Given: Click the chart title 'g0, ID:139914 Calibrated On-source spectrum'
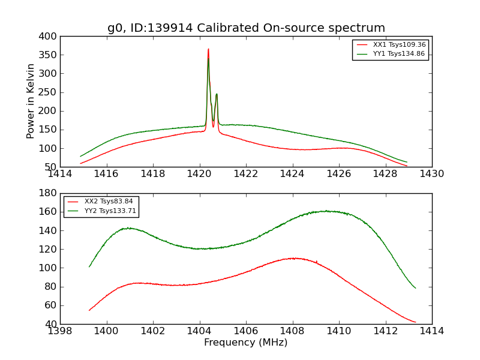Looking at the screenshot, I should [246, 28].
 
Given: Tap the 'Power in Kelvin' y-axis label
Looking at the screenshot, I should [31, 101].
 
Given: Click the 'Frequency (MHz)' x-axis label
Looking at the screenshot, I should [245, 343].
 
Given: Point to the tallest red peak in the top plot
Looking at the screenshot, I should [208, 49].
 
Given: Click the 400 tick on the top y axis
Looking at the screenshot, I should [50, 37].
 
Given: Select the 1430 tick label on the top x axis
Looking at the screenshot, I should [431, 173].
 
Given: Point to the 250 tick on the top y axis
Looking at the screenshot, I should [50, 92].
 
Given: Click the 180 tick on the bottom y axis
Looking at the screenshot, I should [50, 193].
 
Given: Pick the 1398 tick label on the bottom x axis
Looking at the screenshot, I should [60, 331].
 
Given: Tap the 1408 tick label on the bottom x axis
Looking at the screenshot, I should [292, 331].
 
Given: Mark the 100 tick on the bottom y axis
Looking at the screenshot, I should [50, 268].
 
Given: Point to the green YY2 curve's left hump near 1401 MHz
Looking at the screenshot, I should [128, 228].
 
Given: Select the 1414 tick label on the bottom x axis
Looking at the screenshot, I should [431, 331].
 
